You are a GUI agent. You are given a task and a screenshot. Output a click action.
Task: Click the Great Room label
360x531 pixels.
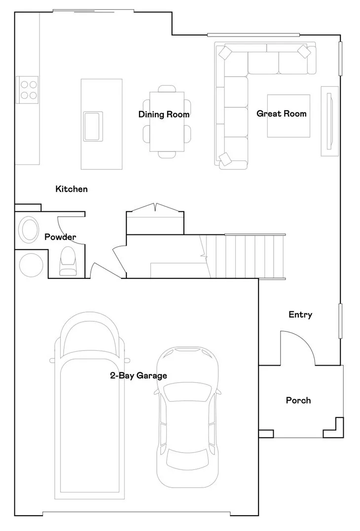pos(281,114)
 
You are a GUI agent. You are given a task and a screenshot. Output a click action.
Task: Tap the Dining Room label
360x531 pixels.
pos(164,114)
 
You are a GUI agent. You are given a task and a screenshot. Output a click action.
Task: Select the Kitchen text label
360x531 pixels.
pos(72,189)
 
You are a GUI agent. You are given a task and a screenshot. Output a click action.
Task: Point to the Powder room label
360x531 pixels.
pos(60,237)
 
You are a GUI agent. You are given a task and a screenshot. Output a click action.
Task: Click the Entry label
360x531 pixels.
pos(300,314)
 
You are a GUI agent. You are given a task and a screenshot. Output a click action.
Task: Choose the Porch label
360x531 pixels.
pos(298,400)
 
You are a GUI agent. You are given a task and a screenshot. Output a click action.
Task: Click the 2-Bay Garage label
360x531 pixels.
pos(138,376)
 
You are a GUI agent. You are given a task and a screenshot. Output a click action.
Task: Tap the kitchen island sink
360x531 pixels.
pos(93,126)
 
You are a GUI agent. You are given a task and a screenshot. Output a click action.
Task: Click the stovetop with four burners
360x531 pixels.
pos(27,90)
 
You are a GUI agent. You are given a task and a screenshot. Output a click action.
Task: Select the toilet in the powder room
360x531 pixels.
pos(68,261)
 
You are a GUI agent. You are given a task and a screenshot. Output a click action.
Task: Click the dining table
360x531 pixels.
pos(167,121)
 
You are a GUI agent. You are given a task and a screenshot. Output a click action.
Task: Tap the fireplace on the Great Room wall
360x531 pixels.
pos(329,121)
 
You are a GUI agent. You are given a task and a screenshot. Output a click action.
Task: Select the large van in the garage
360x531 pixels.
pos(90,410)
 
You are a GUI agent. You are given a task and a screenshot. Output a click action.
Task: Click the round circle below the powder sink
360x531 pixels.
pos(31,265)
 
